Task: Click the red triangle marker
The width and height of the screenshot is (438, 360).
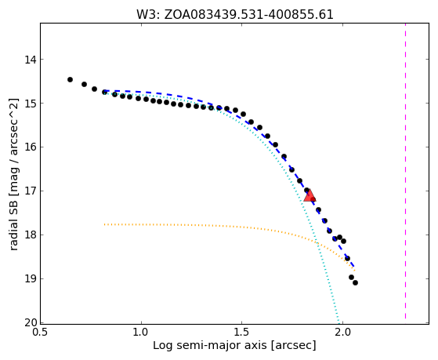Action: [x=309, y=195]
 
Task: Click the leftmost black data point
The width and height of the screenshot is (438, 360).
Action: [x=70, y=80]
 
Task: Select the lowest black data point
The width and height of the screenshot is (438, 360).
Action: [x=355, y=283]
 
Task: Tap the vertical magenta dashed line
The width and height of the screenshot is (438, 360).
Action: [x=405, y=171]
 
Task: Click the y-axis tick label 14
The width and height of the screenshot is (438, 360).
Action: [x=31, y=60]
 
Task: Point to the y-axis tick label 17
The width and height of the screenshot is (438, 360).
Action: [x=31, y=191]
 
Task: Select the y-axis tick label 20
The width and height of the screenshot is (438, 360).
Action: [x=31, y=323]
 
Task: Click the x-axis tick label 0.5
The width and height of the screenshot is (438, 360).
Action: [x=41, y=333]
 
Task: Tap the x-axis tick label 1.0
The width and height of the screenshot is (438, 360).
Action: [x=141, y=333]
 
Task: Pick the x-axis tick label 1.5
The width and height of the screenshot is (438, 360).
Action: [x=242, y=333]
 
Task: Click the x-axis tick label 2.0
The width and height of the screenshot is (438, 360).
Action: [x=342, y=333]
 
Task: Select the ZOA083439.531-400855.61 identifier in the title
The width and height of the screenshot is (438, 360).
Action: [x=248, y=15]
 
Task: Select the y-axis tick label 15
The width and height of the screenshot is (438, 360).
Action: [x=31, y=104]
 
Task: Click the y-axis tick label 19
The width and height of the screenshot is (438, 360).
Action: [x=31, y=279]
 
